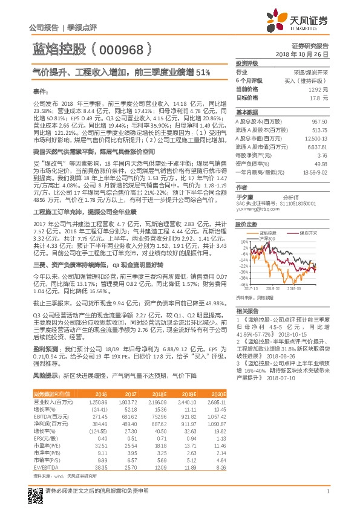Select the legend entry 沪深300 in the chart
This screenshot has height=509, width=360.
(267, 239)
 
